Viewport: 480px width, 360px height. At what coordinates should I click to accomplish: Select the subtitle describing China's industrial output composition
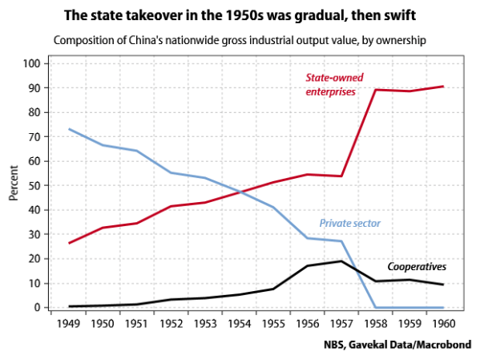click(239, 41)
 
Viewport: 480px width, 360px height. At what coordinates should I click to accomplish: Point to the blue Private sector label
click(349, 223)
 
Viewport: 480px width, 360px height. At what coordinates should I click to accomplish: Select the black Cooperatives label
click(417, 267)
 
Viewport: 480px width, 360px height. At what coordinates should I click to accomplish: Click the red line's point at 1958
click(376, 90)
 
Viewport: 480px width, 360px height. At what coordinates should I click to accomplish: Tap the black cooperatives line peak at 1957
click(341, 261)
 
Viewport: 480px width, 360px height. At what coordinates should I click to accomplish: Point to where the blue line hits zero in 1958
click(376, 307)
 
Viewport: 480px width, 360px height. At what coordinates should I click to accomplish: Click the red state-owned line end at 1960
click(443, 87)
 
